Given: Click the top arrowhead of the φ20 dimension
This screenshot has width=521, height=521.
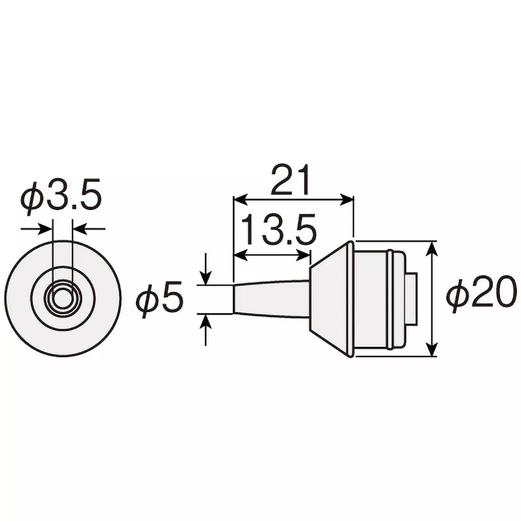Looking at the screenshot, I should coord(431,248).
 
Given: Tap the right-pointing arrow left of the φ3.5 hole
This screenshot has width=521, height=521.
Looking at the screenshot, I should coord(47,228).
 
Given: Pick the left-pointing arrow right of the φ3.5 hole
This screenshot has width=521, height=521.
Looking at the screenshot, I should coord(78,228).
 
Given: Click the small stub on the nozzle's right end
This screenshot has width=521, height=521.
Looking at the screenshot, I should coord(412,299).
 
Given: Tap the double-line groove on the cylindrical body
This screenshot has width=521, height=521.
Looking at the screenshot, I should coord(390,299).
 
